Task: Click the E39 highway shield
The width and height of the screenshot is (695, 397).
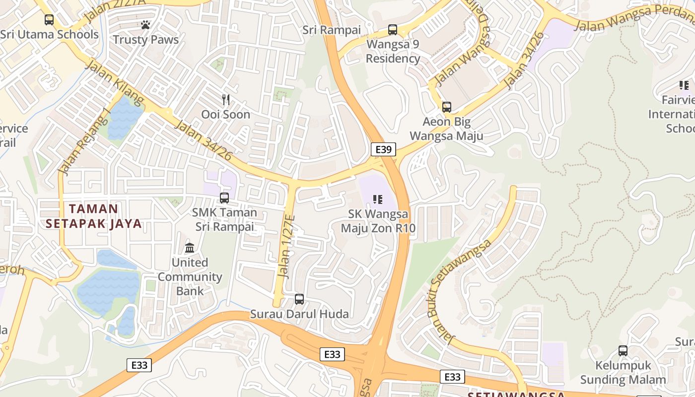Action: [383, 149]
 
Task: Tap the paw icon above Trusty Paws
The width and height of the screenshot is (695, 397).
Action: [145, 24]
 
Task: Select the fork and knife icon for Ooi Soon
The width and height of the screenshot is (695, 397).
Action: [226, 100]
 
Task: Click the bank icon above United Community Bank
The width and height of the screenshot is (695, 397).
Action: [190, 247]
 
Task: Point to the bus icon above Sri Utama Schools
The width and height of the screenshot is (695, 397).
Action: [49, 20]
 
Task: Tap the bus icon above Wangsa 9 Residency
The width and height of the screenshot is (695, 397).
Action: [393, 29]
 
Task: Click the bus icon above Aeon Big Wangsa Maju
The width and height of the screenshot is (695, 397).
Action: [447, 107]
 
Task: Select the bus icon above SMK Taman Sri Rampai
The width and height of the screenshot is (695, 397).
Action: [224, 198]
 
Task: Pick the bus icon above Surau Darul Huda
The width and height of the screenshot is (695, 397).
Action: [299, 299]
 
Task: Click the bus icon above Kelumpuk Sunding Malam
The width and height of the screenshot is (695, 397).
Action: [623, 351]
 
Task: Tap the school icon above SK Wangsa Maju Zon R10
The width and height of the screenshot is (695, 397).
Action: [378, 199]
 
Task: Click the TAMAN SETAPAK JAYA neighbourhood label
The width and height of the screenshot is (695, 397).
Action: [94, 216]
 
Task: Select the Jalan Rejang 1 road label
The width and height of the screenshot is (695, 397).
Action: [84, 141]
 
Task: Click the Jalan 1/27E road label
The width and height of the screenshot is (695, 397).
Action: [286, 253]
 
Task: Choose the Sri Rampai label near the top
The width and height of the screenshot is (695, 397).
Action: [332, 30]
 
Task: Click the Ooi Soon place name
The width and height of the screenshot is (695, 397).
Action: [225, 115]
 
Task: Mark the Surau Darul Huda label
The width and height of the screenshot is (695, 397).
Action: [299, 314]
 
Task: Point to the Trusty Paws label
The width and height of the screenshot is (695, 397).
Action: [145, 40]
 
